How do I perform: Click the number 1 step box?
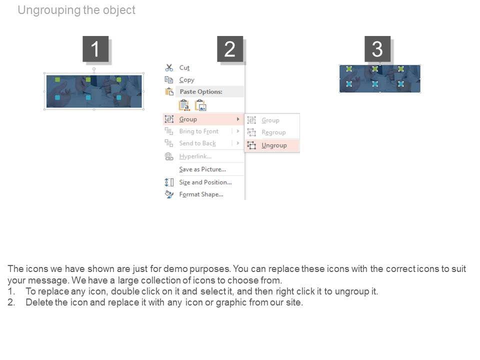tap(95, 48)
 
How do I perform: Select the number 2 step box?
tap(230, 48)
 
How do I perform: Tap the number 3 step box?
tap(377, 48)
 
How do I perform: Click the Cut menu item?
tap(184, 67)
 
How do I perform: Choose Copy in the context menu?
tap(186, 80)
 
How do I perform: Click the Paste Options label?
tap(201, 91)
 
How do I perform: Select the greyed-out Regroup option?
tap(273, 132)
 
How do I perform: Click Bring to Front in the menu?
tap(198, 131)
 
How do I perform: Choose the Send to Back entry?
tap(197, 143)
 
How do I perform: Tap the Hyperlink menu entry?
tap(195, 156)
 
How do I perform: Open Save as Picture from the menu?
tap(202, 169)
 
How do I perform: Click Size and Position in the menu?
tap(205, 182)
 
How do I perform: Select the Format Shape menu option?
tap(201, 194)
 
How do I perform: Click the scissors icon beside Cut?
tap(169, 67)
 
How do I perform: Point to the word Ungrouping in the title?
tap(49, 10)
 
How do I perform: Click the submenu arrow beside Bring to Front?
tap(238, 131)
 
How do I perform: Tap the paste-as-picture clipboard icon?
tap(201, 105)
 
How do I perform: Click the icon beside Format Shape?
tap(169, 194)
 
